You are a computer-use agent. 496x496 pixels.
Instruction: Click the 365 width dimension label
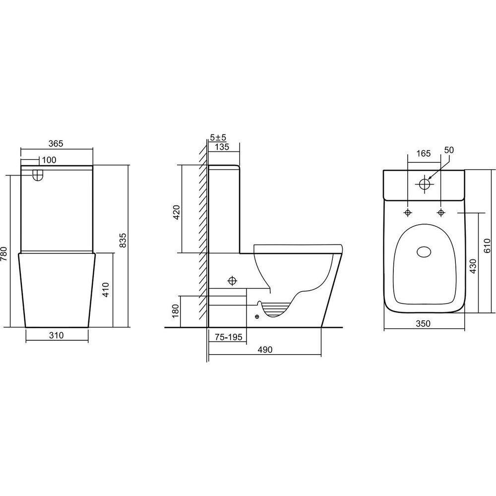[56, 143]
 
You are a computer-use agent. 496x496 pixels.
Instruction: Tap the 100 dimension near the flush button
[49, 160]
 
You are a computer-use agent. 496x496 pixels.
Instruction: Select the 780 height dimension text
[4, 254]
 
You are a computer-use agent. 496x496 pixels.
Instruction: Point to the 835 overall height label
[123, 240]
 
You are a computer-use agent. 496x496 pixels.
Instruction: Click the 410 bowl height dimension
[106, 290]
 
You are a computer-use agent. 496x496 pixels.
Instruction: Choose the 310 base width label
[57, 335]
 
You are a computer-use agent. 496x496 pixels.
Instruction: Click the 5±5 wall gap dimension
[218, 137]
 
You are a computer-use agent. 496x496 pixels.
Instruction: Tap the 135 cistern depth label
[222, 147]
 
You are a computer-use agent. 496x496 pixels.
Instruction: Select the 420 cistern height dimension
[177, 212]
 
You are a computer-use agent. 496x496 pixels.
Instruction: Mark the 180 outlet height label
[176, 311]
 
